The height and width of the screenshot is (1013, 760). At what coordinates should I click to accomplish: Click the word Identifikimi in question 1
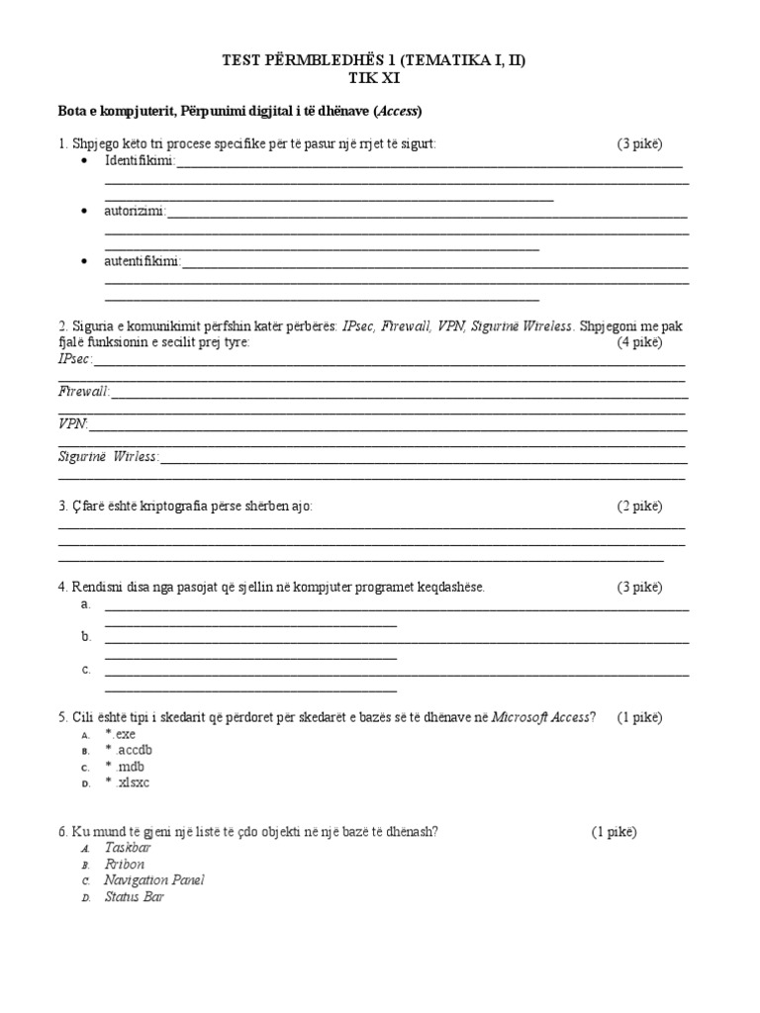[139, 161]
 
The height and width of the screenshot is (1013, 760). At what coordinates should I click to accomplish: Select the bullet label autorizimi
[136, 212]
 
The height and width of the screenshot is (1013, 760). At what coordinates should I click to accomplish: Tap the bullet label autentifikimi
[142, 262]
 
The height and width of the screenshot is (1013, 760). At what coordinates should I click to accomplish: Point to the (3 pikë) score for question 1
[640, 144]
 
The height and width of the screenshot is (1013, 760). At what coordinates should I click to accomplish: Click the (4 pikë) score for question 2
[640, 342]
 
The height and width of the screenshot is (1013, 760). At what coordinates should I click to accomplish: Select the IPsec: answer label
[75, 359]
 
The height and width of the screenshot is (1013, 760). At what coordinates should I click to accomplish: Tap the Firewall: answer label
[84, 392]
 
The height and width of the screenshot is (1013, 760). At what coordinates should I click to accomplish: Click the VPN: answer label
[73, 424]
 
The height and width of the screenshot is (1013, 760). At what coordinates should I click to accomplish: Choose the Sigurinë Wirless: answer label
[109, 457]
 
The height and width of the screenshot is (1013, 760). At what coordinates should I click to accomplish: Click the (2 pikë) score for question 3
[640, 506]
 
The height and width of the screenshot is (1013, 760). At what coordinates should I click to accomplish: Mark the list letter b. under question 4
[87, 637]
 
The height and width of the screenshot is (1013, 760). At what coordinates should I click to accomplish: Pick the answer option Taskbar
[128, 848]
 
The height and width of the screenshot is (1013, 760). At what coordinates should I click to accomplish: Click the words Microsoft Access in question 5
[540, 717]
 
